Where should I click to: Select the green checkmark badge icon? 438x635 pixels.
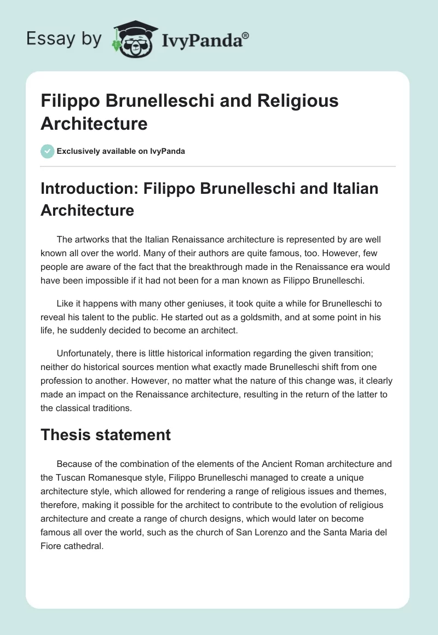pyautogui.click(x=47, y=151)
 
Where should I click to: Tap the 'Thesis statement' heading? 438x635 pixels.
pyautogui.click(x=106, y=435)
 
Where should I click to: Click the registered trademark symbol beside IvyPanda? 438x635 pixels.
pyautogui.click(x=245, y=34)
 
